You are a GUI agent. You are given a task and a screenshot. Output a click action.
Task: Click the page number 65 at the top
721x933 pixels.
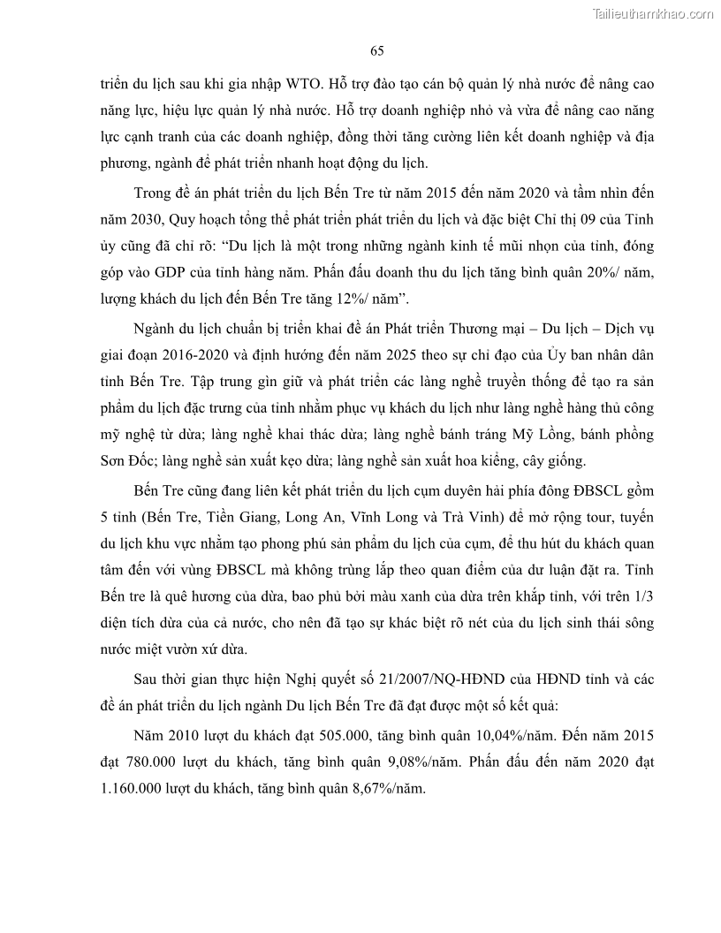[x=377, y=50]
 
